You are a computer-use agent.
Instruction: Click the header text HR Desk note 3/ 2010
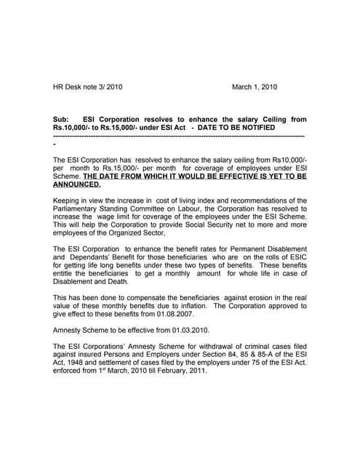pos(88,87)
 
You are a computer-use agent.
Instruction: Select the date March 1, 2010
pos(255,87)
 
